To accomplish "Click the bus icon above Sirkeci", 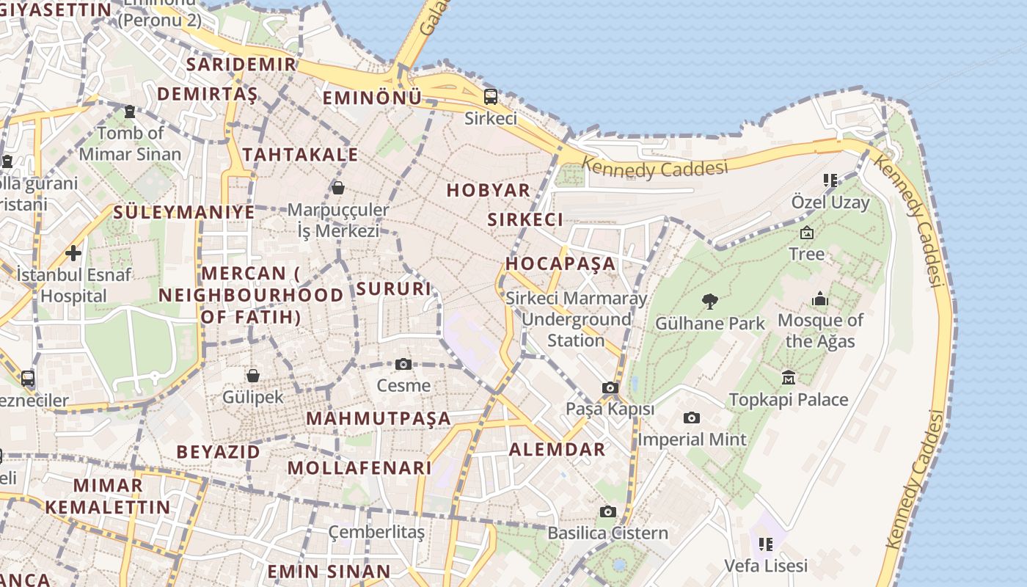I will click(490, 96).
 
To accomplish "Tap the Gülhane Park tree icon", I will click(709, 301).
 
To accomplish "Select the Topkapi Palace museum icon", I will click(789, 377).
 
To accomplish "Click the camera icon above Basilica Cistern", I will click(607, 511).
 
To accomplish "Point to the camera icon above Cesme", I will click(403, 364).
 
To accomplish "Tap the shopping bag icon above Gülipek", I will click(253, 376).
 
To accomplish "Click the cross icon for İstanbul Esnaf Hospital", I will click(73, 254).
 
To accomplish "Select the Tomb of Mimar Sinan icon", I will click(130, 112).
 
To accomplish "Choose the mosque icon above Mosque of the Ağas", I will click(820, 299).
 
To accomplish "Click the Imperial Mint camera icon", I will click(691, 418).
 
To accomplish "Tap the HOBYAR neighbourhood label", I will click(488, 190).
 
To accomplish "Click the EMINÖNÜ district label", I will click(373, 98).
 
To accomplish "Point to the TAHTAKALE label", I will click(301, 155).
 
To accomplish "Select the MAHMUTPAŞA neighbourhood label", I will click(379, 418).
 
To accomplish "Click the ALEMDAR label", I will click(558, 449).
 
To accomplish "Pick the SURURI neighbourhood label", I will click(394, 288).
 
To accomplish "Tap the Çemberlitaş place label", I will click(376, 532).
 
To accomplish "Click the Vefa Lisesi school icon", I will click(766, 544).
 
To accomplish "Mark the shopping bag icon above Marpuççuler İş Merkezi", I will click(338, 188).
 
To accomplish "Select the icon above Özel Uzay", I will click(830, 180).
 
